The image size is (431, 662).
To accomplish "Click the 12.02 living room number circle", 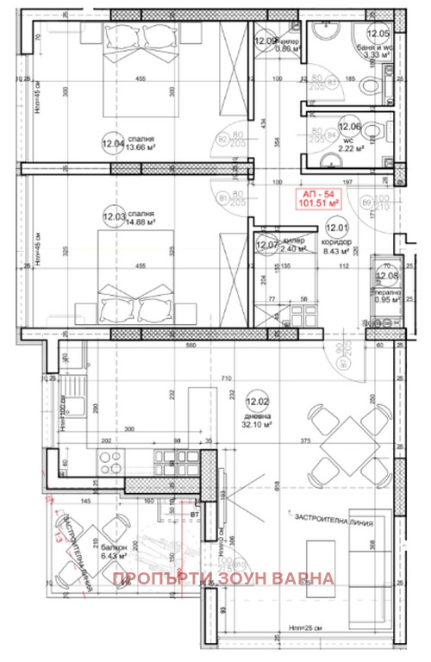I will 255,401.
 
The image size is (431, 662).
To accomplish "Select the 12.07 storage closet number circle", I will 265,246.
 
